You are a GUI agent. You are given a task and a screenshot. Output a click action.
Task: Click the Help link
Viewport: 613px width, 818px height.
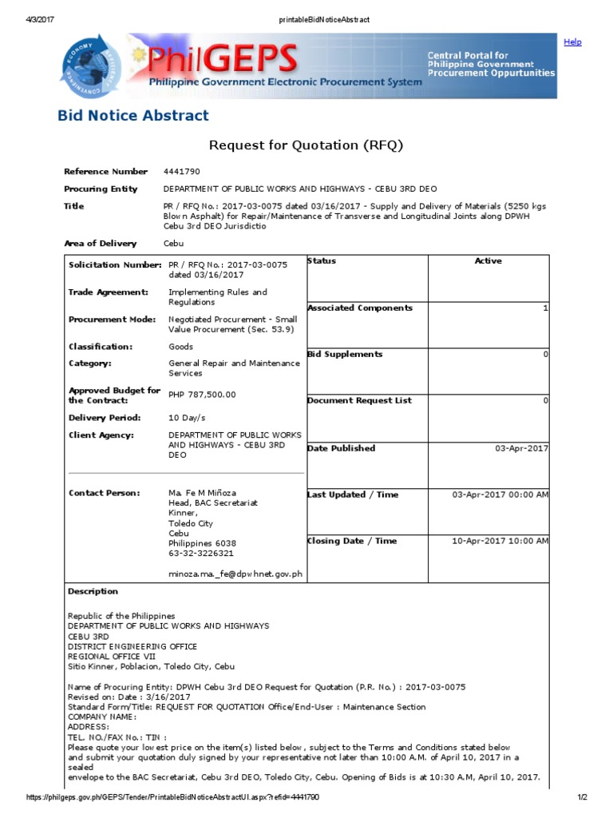(572, 42)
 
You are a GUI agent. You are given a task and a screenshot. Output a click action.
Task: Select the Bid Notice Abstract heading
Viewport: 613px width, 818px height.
(133, 116)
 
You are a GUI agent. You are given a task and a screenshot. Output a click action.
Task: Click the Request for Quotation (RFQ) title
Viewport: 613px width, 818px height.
(306, 145)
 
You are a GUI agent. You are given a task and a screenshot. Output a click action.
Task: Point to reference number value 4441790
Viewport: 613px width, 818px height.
(181, 172)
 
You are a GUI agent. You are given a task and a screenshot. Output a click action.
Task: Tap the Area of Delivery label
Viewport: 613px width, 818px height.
(100, 244)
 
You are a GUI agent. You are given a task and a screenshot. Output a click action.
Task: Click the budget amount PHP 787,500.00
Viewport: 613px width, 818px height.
(202, 395)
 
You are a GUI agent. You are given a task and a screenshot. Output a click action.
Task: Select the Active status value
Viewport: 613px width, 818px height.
(488, 261)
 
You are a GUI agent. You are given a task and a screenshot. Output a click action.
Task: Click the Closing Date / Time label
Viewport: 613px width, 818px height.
(352, 541)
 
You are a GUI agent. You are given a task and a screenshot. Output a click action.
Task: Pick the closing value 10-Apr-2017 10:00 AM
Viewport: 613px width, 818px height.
(500, 541)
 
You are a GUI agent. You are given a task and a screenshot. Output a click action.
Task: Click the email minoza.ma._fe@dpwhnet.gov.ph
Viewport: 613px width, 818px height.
(235, 574)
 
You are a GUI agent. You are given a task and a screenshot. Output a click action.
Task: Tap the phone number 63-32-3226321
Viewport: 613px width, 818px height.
(201, 553)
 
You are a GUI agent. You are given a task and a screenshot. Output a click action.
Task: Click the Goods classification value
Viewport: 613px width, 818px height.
(180, 347)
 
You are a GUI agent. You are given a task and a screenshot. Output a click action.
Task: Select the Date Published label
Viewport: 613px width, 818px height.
(341, 448)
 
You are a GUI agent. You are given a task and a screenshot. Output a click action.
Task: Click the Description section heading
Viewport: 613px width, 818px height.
(93, 592)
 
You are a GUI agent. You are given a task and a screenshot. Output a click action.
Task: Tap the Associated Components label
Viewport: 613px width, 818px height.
(360, 308)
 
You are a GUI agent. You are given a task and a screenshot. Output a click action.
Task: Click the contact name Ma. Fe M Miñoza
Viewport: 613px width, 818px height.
(202, 493)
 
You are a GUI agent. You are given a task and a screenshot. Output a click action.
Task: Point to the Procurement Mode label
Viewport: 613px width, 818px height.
(112, 320)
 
